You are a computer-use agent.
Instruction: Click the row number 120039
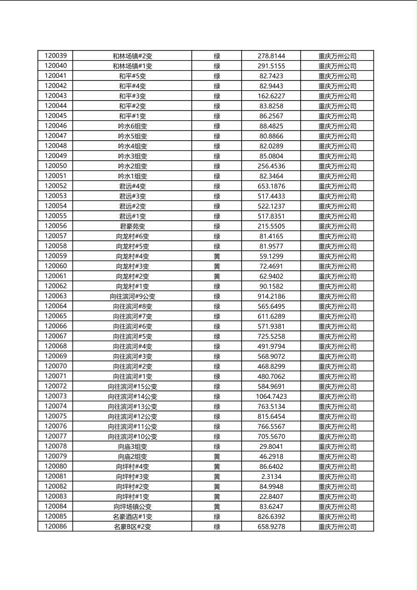56,56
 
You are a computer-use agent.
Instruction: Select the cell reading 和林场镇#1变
132,66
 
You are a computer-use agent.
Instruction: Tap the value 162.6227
271,96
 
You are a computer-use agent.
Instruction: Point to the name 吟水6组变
132,126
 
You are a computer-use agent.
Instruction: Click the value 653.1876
271,186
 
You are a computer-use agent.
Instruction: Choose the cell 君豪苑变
132,226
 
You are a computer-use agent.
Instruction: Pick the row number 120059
56,256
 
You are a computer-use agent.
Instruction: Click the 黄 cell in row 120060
217,266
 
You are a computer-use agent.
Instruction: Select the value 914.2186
271,296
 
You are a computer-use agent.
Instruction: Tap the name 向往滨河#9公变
132,296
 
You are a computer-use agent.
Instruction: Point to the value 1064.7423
271,396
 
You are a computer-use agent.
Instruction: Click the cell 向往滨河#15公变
132,386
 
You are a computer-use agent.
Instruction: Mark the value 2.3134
271,476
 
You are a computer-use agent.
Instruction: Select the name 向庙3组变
132,446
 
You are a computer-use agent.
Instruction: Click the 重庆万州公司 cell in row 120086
337,526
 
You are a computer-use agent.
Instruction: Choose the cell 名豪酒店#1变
132,517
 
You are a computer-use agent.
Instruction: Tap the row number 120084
56,506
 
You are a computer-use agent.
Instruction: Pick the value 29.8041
271,446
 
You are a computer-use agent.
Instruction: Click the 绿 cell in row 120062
217,286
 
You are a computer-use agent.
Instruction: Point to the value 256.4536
271,166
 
